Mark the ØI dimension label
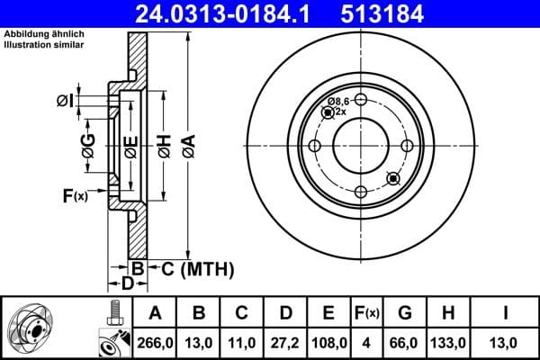[65, 99]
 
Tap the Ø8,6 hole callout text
[337, 102]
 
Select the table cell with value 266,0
[155, 343]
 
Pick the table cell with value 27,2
[285, 343]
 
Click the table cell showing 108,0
[328, 343]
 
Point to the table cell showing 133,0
[448, 343]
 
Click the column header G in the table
[405, 313]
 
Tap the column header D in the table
[285, 313]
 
